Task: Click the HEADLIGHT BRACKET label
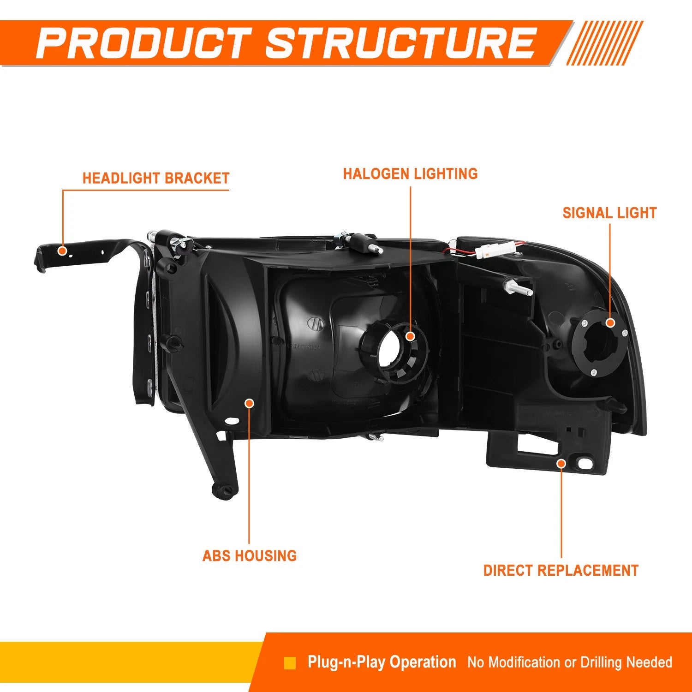point(156,178)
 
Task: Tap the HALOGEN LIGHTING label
point(410,173)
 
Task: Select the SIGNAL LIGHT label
point(609,213)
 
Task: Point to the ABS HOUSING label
point(250,555)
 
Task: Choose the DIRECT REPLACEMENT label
point(561,570)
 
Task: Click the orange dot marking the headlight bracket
point(62,251)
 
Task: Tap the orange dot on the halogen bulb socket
point(410,336)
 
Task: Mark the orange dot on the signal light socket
point(610,322)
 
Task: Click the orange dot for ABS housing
point(249,403)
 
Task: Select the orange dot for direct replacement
point(561,463)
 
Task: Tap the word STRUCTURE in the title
point(400,43)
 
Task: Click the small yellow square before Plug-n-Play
point(290,663)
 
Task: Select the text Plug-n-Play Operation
point(382,662)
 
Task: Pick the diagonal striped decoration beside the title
point(604,43)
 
